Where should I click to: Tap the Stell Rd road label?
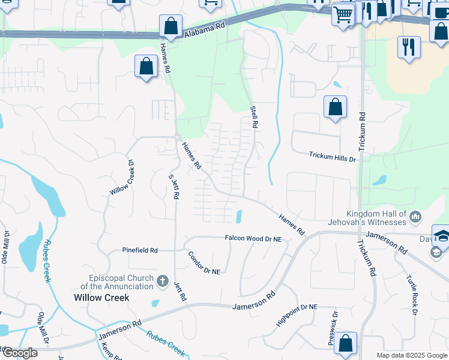click(253, 117)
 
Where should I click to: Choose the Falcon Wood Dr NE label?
click(253, 238)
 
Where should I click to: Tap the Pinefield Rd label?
click(140, 250)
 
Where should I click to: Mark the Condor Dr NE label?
click(204, 262)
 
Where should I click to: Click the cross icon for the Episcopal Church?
click(161, 280)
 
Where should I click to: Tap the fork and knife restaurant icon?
click(409, 46)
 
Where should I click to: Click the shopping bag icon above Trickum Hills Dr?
click(336, 107)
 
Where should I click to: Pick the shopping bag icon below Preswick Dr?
click(345, 343)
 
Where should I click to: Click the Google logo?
click(19, 353)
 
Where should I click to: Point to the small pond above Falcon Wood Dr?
click(240, 215)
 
